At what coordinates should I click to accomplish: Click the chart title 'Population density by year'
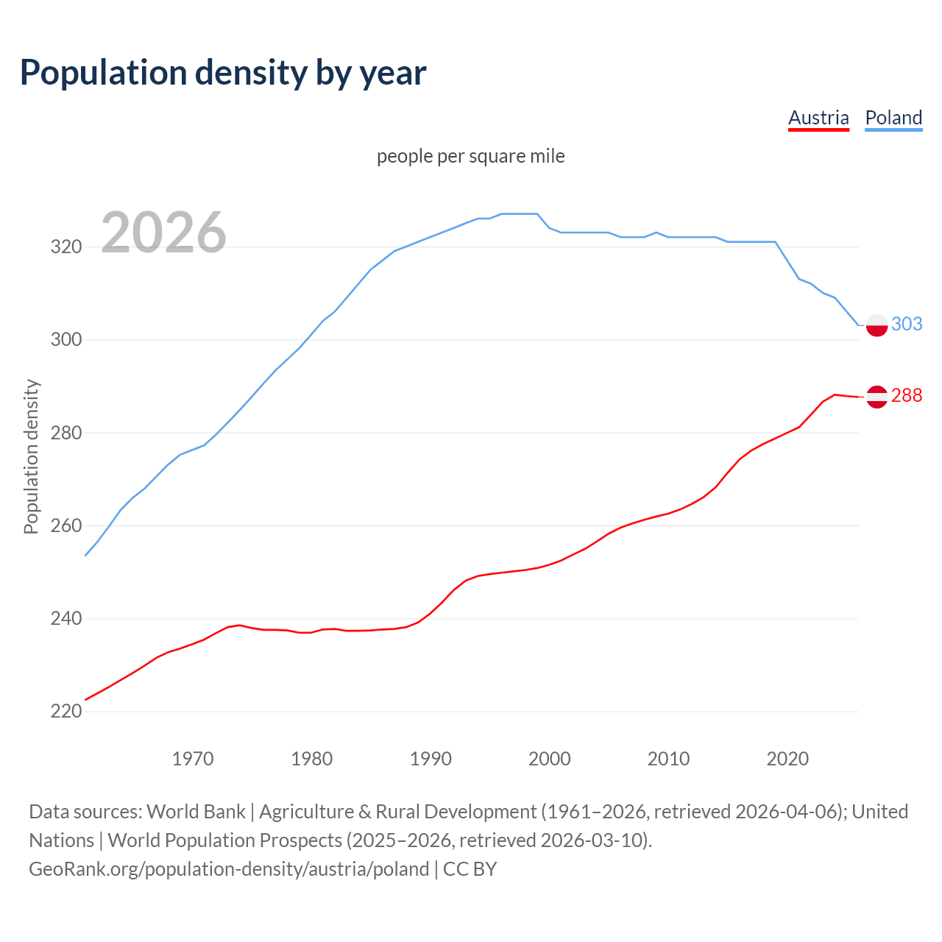coord(223,73)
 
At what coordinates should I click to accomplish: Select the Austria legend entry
coord(818,118)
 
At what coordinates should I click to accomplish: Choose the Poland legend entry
coord(893,118)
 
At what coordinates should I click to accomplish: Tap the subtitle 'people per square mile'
coord(471,157)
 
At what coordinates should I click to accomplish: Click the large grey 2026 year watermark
coord(163,233)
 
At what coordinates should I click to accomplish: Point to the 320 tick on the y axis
coord(65,247)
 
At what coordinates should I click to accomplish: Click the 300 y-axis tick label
coord(65,340)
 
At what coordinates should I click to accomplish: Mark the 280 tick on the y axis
coord(65,433)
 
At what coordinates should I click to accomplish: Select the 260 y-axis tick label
coord(65,526)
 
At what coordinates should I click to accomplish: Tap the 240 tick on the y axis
coord(65,619)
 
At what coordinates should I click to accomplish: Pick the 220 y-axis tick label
coord(65,712)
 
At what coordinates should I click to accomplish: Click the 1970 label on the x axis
coord(193,759)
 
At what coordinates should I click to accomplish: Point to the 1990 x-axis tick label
coord(431,759)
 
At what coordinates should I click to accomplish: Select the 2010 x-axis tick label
coord(668,759)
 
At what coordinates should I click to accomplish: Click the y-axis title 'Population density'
coord(31,456)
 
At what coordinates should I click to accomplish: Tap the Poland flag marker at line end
coord(877,325)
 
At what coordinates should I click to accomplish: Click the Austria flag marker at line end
coord(877,397)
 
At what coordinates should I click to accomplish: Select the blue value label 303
coord(907,325)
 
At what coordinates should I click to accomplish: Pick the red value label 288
coord(907,396)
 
